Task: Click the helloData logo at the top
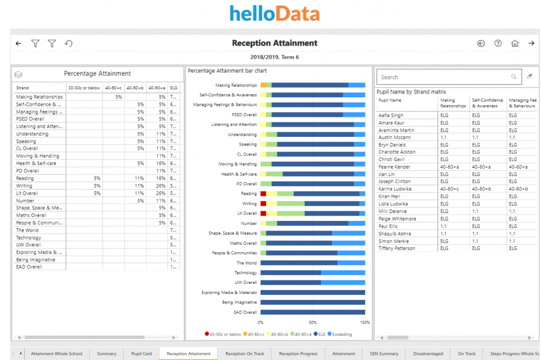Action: [x=274, y=13]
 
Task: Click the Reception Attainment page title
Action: [x=274, y=43]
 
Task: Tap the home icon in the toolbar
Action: [x=515, y=43]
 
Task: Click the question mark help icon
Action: [x=498, y=43]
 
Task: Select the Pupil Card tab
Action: [x=142, y=354]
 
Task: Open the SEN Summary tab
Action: [x=384, y=354]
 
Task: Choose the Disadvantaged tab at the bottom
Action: [x=428, y=354]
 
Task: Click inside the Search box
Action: [x=444, y=77]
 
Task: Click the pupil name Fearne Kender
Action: [x=394, y=167]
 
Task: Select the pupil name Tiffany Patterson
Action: [x=397, y=248]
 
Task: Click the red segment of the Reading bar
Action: [x=263, y=194]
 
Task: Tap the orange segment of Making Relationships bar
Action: [x=263, y=85]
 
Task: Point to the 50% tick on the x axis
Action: [x=313, y=322]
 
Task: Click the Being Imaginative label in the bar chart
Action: [x=239, y=302]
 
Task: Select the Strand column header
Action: [x=23, y=88]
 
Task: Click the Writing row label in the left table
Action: [x=23, y=186]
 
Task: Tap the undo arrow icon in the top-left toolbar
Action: [x=68, y=43]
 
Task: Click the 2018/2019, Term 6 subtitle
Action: [x=274, y=57]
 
